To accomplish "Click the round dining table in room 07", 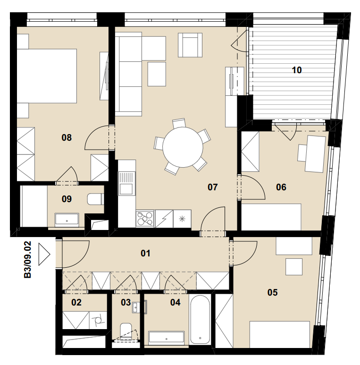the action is click(x=183, y=147).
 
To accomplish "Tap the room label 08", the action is click(x=67, y=137).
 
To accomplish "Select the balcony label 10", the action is click(x=297, y=70).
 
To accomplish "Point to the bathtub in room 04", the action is click(x=200, y=319).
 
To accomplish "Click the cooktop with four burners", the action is click(x=145, y=219).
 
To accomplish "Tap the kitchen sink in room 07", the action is click(x=127, y=183).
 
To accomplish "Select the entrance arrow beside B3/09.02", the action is click(x=44, y=254).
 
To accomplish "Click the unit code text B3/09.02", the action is click(x=27, y=260).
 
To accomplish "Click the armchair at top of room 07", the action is click(x=190, y=45).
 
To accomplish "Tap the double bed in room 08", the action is click(x=47, y=76).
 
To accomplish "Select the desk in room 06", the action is click(x=315, y=154).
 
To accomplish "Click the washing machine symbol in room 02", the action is click(x=98, y=320).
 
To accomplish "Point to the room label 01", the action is click(x=145, y=253).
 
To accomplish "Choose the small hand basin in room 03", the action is click(x=136, y=307).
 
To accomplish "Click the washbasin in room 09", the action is click(x=67, y=220).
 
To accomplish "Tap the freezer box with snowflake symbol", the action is click(x=182, y=219).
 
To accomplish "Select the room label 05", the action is click(x=272, y=292).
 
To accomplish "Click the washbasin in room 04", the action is click(x=166, y=338).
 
